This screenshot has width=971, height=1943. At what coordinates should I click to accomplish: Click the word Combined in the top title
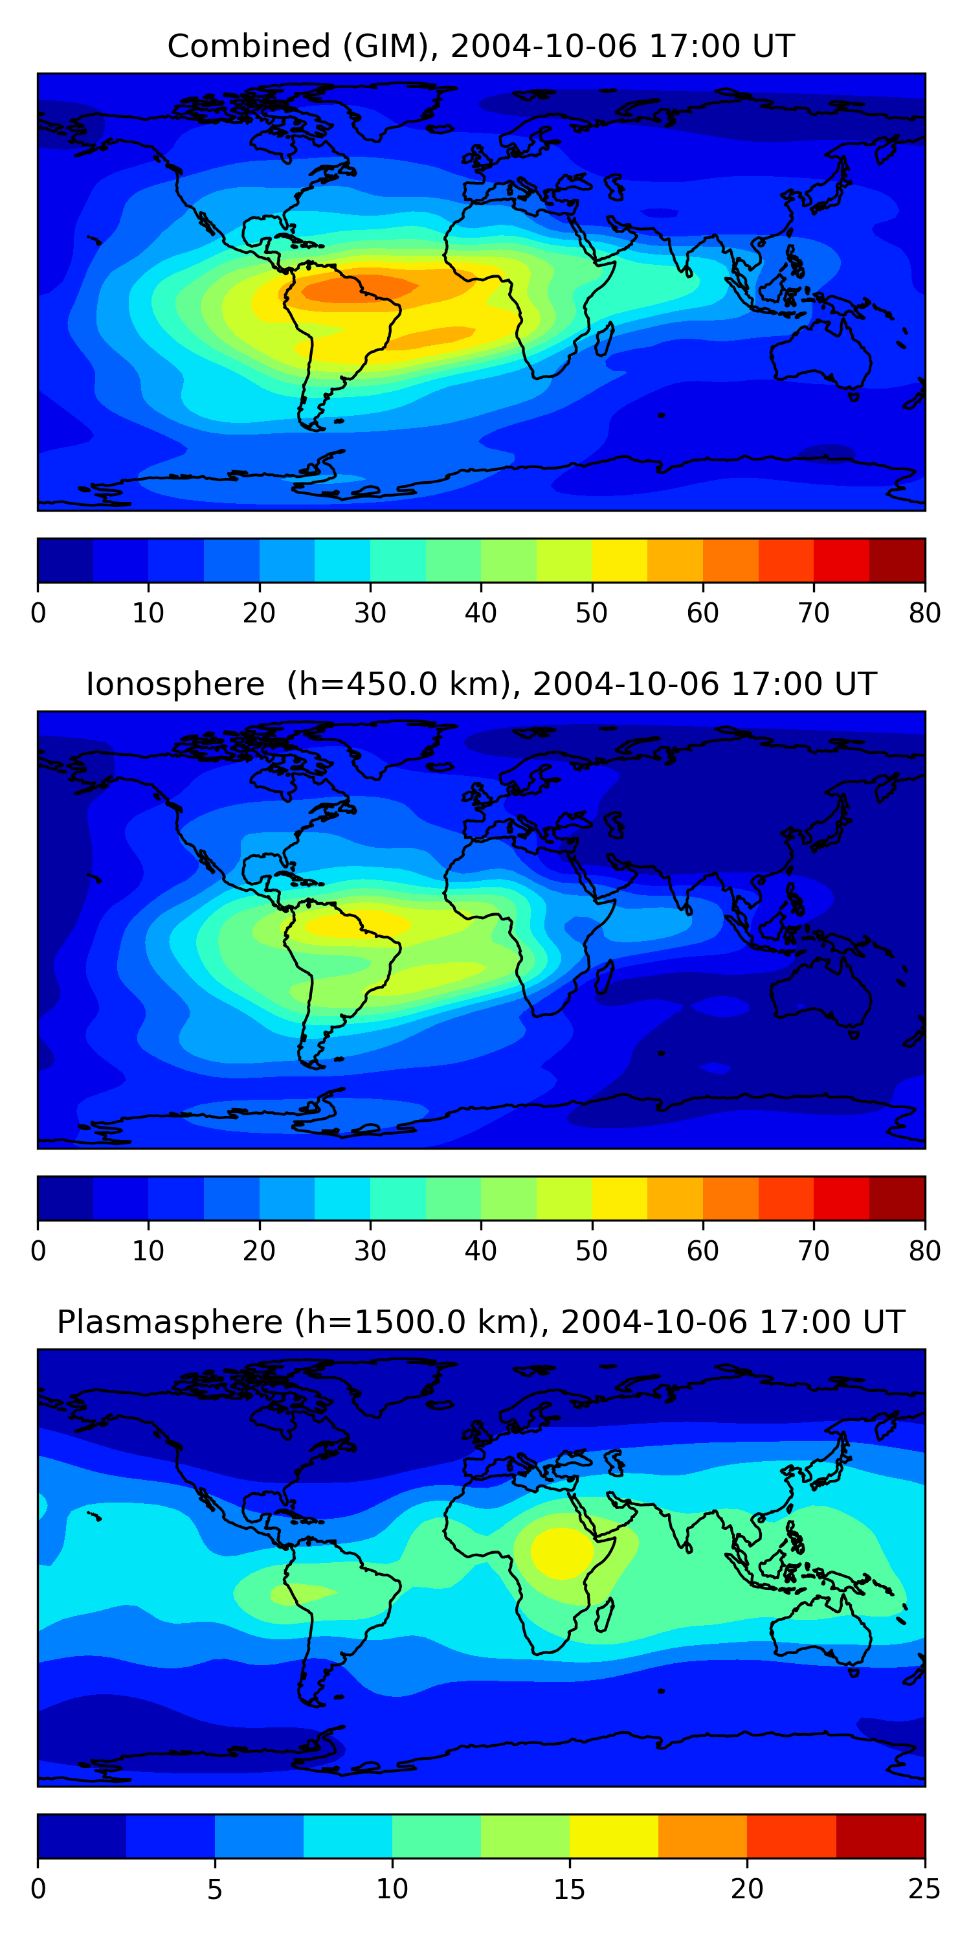pos(248,46)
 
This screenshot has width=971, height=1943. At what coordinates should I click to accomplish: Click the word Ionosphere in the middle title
pos(175,684)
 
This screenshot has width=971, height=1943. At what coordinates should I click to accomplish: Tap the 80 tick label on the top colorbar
pos(924,613)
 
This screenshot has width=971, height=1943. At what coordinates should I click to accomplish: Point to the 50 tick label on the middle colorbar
pos(591,1251)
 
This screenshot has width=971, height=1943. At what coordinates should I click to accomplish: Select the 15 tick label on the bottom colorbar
pos(569,1889)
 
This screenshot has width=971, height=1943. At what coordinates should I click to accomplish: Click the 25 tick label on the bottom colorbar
pos(924,1889)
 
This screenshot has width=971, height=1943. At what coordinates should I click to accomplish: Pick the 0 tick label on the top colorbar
pos(38,613)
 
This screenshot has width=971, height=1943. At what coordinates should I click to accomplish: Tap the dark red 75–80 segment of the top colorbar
pos(897,560)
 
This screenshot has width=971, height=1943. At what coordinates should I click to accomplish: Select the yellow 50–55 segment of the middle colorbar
pos(619,1199)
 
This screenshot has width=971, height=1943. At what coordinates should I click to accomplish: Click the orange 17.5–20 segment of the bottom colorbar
pos(702,1837)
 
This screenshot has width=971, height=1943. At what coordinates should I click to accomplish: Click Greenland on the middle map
pos(392,743)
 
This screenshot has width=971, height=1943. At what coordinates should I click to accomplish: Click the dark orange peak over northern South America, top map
pos(354,290)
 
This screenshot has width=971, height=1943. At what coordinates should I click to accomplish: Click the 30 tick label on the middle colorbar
pos(370,1251)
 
